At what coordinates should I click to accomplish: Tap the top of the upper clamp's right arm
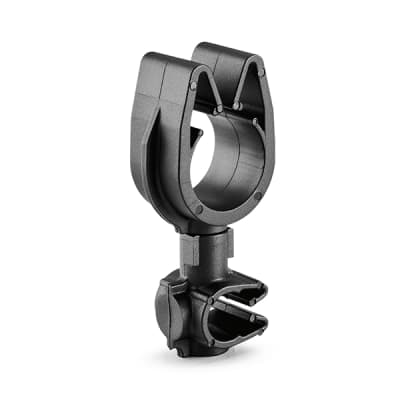231,50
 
